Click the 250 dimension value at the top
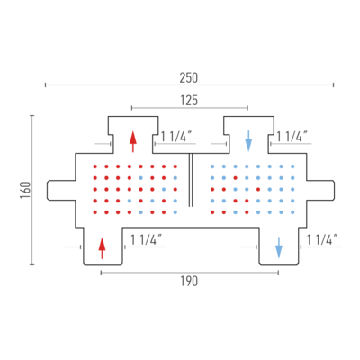189,78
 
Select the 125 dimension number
189,101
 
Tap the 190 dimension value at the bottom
189,282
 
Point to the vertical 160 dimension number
25,190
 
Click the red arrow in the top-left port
133,141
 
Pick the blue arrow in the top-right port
248,140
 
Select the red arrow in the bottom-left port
103,248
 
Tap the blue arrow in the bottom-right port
279,247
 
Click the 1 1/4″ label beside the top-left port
176,137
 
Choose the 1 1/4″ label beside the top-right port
292,137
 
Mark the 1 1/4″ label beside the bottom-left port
146,240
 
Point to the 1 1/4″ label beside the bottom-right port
322,240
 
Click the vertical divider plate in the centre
191,180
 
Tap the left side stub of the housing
61,190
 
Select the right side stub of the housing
320,190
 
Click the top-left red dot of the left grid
95,166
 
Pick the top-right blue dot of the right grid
292,166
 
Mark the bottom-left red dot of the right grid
212,212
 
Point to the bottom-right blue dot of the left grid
175,212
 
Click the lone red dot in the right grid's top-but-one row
236,178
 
